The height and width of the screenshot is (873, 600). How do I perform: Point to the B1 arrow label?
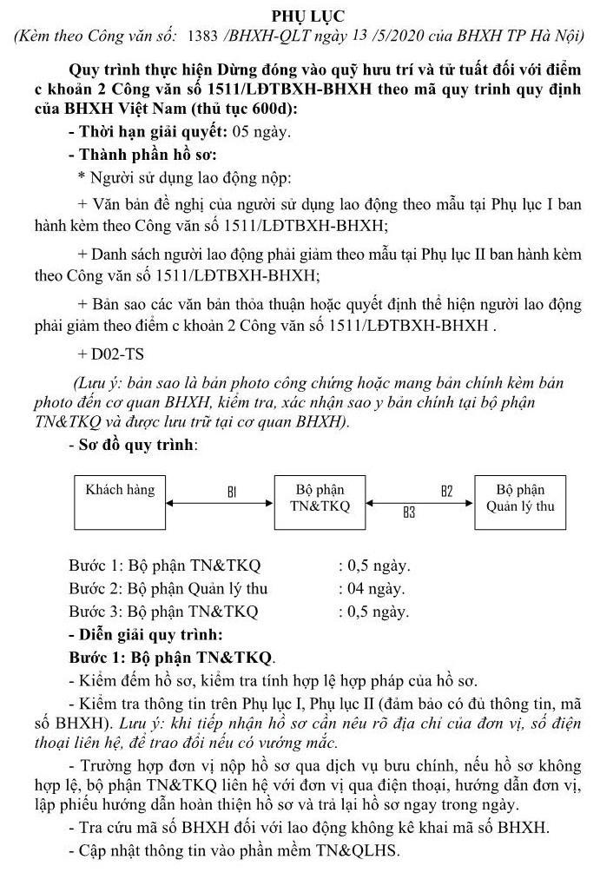(232, 492)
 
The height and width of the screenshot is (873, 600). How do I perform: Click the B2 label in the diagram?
(446, 491)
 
